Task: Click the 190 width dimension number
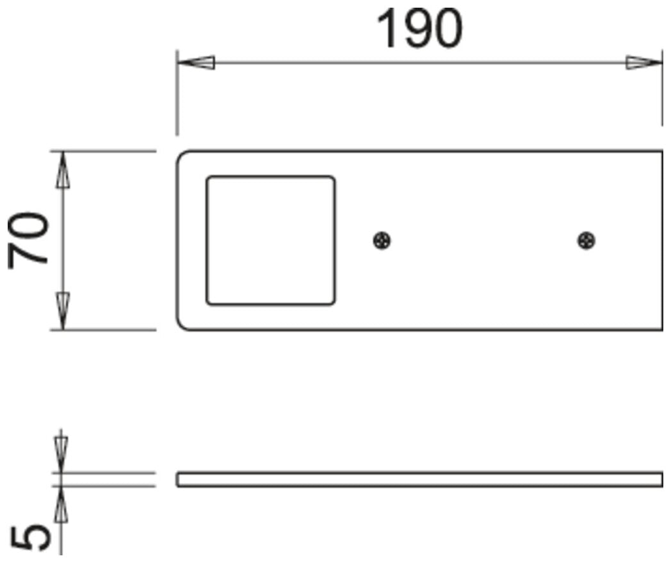[x=419, y=29]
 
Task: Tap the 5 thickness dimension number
[x=30, y=538]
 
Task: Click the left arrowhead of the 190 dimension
[x=196, y=63]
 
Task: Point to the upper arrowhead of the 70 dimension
[x=63, y=170]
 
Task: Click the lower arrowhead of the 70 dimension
[x=63, y=311]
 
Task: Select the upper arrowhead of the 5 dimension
[x=61, y=454]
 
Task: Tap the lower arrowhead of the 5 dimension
[x=61, y=504]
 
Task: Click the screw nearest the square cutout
[x=382, y=241]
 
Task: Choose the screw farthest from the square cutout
[x=586, y=241]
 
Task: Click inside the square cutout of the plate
[x=270, y=241]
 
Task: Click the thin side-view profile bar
[x=420, y=479]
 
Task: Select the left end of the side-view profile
[x=177, y=479]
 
